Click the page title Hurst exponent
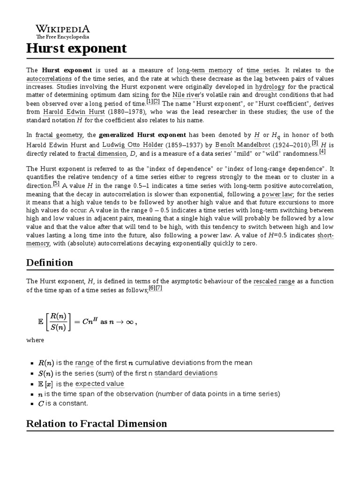coord(76,48)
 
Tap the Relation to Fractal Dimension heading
coord(97,424)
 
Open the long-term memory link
coord(204,70)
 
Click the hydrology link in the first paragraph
coord(270,87)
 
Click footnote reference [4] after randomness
coord(322,151)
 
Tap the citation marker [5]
coord(56,184)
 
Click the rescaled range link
coord(274,281)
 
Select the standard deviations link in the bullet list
coord(186,373)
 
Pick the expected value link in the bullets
coord(99,384)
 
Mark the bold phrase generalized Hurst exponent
coord(142,135)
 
